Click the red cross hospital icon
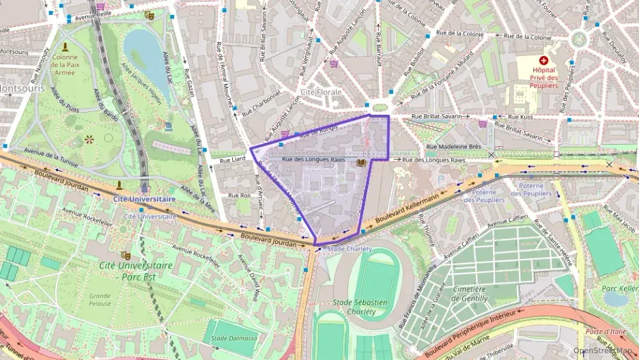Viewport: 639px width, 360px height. pyautogui.click(x=544, y=61)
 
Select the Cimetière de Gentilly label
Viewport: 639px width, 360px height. pyautogui.click(x=470, y=294)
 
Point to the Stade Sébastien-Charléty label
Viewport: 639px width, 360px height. pyautogui.click(x=362, y=307)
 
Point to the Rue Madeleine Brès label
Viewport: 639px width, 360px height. pyautogui.click(x=454, y=146)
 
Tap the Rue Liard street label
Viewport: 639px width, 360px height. pyautogui.click(x=232, y=160)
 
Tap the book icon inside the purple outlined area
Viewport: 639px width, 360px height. pyautogui.click(x=360, y=163)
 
